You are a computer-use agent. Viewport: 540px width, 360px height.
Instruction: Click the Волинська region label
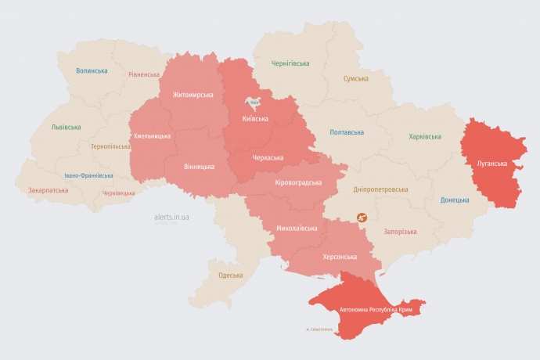[x=92, y=71]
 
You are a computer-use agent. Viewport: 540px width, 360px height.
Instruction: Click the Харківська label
[x=425, y=137]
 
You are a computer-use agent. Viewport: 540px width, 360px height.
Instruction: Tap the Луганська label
[x=492, y=164]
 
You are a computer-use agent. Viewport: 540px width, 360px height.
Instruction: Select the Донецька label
[x=455, y=200]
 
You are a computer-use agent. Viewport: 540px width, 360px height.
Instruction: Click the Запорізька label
[x=400, y=232]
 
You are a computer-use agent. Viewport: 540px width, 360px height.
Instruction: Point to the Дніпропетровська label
[x=380, y=189]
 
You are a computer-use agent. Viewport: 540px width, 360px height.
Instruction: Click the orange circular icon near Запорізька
[x=362, y=218]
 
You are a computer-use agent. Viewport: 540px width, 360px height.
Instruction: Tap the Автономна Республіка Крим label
[x=375, y=310]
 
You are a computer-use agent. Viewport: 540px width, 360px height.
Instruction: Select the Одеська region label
[x=230, y=275]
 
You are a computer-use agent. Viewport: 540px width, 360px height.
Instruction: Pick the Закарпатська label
[x=48, y=190]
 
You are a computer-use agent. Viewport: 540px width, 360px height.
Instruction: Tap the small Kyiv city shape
[x=254, y=102]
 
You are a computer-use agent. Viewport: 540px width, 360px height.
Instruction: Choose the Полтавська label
[x=347, y=132]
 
